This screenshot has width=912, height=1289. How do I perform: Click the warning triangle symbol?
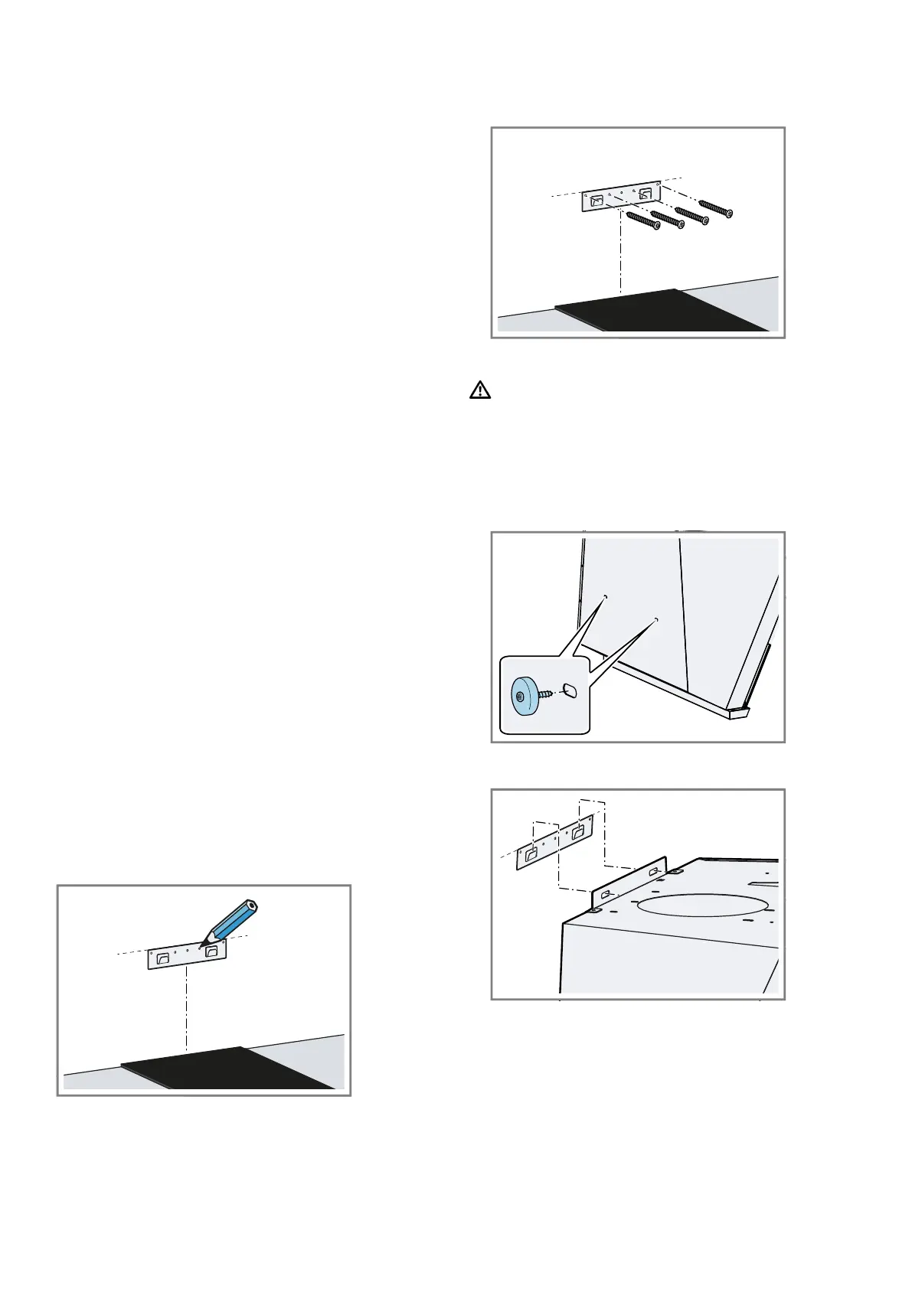point(479,390)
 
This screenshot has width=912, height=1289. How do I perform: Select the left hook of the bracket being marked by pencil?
point(162,958)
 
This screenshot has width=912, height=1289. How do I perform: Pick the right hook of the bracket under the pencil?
point(211,951)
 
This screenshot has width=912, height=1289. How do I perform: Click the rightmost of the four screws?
point(714,207)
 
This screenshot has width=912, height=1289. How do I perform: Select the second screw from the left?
point(666,216)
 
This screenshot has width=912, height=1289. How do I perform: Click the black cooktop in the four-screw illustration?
point(659,310)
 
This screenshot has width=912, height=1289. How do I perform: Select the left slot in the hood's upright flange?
point(605,893)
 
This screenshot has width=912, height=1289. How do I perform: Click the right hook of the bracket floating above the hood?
point(579,833)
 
